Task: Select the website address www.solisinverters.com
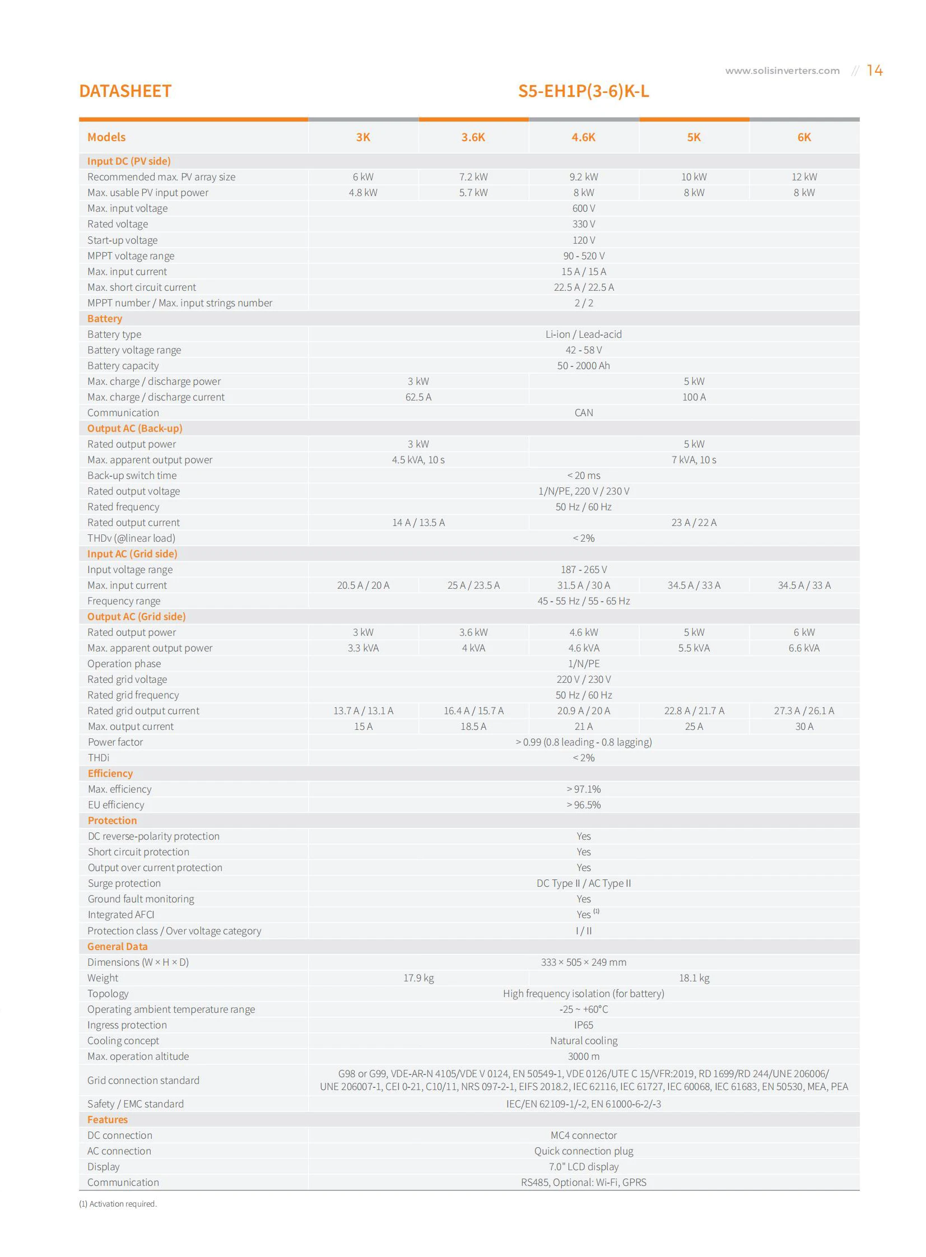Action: (782, 71)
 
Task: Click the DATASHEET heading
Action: (125, 91)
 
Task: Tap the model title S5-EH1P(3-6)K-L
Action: (583, 91)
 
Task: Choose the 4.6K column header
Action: (583, 137)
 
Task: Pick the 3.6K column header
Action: (473, 137)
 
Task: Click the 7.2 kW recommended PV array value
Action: (473, 177)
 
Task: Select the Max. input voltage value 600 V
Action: (583, 208)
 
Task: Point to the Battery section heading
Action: (105, 318)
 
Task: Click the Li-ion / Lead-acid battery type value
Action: (583, 334)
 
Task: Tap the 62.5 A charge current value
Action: (418, 397)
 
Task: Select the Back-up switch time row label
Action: (132, 476)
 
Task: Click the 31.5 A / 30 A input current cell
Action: (583, 585)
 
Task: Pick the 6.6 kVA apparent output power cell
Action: (803, 649)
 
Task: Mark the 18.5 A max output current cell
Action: (473, 727)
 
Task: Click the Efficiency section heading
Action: (110, 774)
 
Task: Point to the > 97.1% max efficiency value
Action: (583, 790)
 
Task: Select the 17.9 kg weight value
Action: (418, 978)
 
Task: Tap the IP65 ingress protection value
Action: (583, 1025)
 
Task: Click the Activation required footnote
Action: (118, 1204)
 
